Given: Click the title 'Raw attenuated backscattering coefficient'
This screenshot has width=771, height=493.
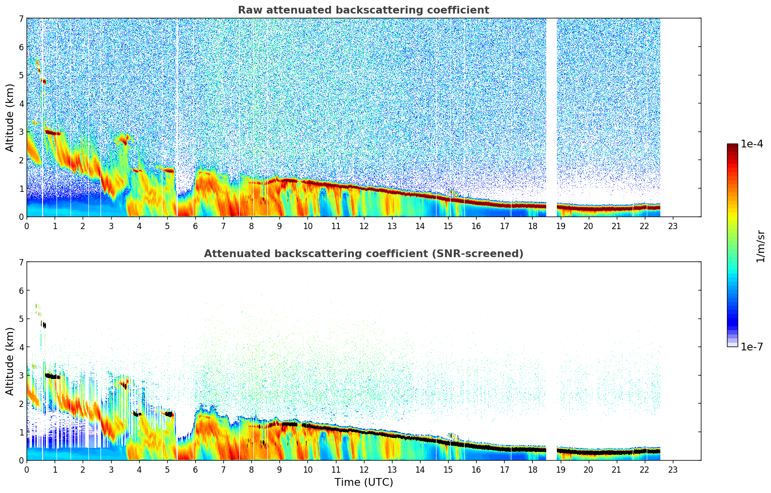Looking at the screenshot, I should (363, 10).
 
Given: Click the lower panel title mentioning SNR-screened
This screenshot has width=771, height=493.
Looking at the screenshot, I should (363, 254).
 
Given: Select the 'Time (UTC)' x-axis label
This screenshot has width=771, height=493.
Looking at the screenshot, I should (364, 482).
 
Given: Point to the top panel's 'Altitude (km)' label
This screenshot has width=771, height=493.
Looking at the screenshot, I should (10, 117).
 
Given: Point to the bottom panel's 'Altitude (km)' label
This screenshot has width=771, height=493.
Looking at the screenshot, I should (10, 361).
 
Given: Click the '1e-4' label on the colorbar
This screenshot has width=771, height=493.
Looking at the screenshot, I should (752, 144).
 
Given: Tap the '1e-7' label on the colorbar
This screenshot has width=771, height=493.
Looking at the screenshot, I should (752, 347).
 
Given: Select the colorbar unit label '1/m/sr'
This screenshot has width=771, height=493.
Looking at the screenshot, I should (760, 246).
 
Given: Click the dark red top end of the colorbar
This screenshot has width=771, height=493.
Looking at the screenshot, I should (732, 146).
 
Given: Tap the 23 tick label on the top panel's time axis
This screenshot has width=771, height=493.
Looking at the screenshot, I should (673, 226).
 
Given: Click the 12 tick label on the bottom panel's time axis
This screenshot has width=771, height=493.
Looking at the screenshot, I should (364, 469).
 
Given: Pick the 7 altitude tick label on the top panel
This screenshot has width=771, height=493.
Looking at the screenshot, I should (21, 19).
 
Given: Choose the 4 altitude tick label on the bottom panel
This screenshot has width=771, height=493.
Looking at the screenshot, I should (21, 347).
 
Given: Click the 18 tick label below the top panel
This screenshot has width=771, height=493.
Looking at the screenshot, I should (532, 226).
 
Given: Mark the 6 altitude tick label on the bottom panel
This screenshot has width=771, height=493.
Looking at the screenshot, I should (21, 290).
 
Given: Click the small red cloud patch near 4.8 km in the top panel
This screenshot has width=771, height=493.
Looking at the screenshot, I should (44, 81).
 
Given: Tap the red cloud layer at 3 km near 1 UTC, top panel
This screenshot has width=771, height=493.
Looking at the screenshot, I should (52, 132).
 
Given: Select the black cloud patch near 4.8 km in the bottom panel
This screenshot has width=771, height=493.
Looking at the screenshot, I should (44, 325).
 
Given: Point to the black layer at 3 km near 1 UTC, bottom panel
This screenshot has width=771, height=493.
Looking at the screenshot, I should (52, 376).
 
